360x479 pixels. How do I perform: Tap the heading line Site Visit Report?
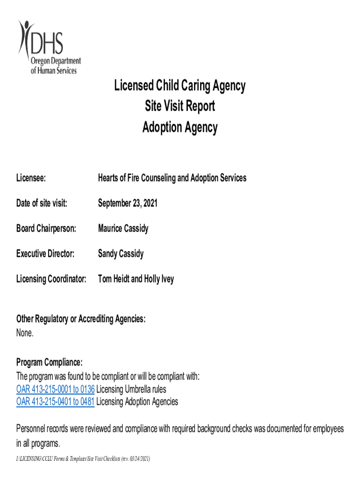click(180, 107)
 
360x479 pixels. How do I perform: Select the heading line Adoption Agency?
click(180, 127)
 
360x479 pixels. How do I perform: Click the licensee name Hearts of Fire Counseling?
click(172, 178)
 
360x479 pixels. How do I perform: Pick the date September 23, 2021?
click(128, 203)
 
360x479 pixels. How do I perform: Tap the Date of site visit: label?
click(42, 203)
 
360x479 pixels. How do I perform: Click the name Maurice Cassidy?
click(123, 229)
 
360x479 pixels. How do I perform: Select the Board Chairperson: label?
click(46, 229)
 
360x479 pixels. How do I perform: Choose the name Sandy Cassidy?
click(121, 254)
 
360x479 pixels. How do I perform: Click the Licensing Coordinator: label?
click(51, 279)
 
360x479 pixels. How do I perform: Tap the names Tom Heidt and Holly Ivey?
click(136, 279)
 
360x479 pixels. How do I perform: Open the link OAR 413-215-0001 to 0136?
click(55, 389)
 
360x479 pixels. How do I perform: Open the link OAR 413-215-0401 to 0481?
click(55, 402)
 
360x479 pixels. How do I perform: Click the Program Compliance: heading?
click(50, 363)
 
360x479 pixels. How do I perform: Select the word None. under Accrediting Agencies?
click(25, 334)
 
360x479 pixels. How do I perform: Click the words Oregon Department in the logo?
click(56, 62)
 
